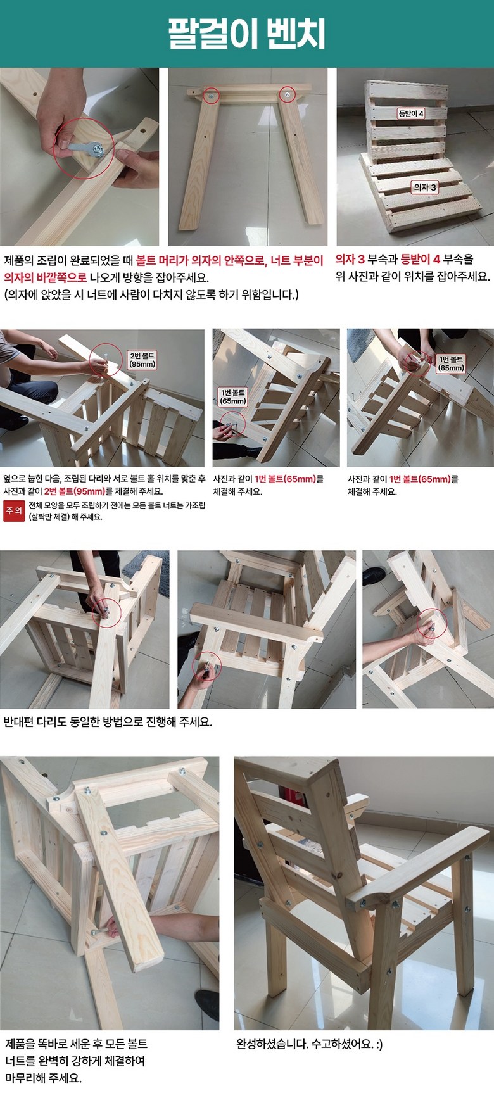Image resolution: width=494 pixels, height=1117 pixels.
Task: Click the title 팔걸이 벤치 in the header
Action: [x=247, y=34]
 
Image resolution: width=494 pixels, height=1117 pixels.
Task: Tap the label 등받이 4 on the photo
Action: [x=411, y=113]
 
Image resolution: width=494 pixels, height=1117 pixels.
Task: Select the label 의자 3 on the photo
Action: [x=424, y=187]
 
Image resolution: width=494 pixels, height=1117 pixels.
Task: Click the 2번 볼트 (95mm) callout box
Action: [x=142, y=360]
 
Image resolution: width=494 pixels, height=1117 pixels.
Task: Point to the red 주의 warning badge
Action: [x=14, y=510]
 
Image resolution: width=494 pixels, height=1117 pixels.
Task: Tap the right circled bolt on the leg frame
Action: [x=288, y=94]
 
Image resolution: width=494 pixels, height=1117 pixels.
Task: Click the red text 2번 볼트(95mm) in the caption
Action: [x=75, y=491]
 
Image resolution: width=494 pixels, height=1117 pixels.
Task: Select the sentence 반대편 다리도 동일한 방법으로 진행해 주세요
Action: [x=108, y=722]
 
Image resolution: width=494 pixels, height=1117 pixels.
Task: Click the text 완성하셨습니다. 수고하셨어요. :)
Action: [x=309, y=1044]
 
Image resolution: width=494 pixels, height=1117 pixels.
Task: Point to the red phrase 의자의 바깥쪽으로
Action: [x=45, y=277]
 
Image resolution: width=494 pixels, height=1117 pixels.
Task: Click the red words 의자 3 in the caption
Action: [x=350, y=259]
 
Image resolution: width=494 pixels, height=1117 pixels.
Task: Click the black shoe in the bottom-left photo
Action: [x=207, y=1007]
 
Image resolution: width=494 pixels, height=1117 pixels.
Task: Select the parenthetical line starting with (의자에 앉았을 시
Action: [x=151, y=294]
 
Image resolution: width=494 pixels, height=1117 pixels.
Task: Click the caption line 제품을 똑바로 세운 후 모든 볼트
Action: [x=77, y=1044]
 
